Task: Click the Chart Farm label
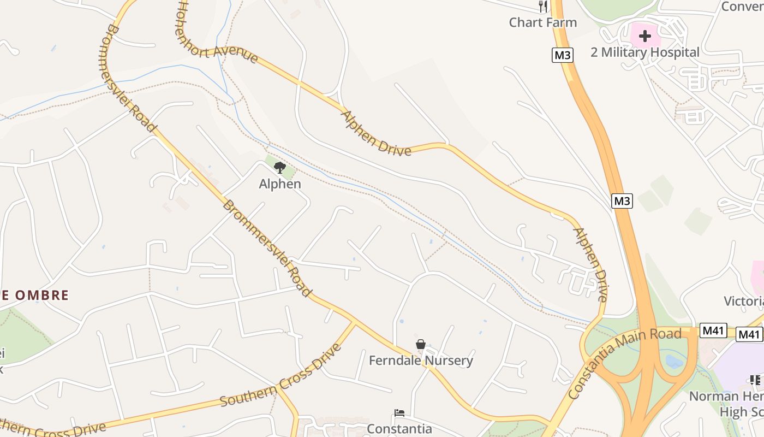coord(542,22)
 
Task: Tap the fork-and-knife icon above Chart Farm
coord(542,7)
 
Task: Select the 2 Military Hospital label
coord(644,52)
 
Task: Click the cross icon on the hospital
coord(645,37)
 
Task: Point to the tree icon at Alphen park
coord(280,167)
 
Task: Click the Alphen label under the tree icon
coord(280,184)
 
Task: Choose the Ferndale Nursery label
coord(421,361)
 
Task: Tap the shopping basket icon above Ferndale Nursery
coord(421,344)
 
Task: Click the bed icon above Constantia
coord(399,413)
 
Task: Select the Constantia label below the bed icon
coord(399,429)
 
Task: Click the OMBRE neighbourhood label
coord(35,296)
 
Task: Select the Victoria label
coord(743,302)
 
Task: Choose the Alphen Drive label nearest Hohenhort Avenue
coord(375,133)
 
